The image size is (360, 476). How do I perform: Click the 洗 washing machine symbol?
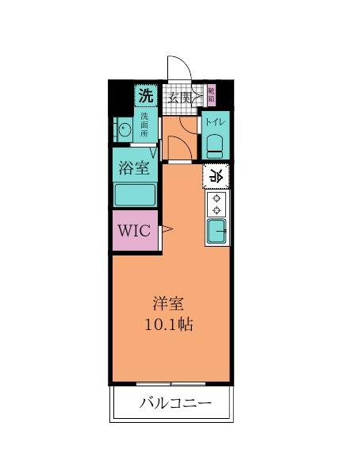click(x=145, y=97)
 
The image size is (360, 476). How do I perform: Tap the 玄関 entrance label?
click(x=180, y=98)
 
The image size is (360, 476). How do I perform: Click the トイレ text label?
click(x=214, y=122)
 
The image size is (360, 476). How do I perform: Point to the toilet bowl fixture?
click(x=214, y=144)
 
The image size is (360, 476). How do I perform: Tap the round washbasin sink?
click(x=124, y=129)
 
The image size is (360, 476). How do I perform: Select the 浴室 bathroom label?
click(x=134, y=168)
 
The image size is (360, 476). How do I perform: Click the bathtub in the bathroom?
click(x=134, y=195)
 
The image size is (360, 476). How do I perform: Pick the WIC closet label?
click(x=134, y=231)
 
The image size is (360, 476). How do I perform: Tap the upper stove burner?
click(x=216, y=198)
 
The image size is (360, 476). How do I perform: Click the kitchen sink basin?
click(x=216, y=232)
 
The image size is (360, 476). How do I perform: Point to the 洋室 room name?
click(x=169, y=304)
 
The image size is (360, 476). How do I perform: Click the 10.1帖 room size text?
click(x=169, y=324)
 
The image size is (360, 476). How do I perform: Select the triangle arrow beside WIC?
click(x=167, y=231)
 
